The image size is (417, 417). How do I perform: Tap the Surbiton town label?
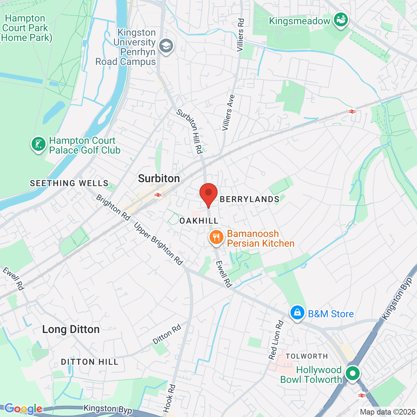click(x=159, y=179)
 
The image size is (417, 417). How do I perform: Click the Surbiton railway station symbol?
click(x=158, y=195)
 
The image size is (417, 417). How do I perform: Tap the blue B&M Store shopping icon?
click(x=297, y=312)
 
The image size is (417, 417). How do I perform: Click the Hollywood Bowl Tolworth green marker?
click(x=353, y=374)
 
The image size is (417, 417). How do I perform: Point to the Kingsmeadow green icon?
click(x=341, y=20)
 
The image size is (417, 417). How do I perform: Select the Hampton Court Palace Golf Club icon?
click(x=39, y=144)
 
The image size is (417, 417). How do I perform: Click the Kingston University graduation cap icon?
click(x=166, y=46)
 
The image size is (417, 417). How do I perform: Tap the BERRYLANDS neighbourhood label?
click(x=250, y=199)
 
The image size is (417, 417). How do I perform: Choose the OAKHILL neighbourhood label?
click(x=199, y=221)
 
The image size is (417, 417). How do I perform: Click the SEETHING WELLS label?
click(x=69, y=183)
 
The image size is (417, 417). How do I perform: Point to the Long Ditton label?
click(x=71, y=329)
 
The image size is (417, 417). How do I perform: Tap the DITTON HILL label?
click(x=90, y=362)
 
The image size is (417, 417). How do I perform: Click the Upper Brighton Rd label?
click(x=158, y=244)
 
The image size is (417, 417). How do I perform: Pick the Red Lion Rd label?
click(x=276, y=340)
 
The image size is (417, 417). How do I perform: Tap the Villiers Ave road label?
click(x=228, y=113)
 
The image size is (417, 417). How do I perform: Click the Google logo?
click(x=23, y=409)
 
